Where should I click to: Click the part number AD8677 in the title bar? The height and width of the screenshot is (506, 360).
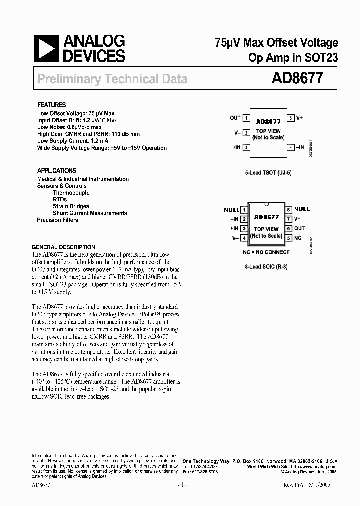click(x=297, y=78)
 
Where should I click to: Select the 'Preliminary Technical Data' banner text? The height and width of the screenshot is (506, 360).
click(x=112, y=79)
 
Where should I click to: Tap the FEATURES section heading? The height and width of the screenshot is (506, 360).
click(x=51, y=105)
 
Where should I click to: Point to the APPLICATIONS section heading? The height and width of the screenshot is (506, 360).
click(x=56, y=170)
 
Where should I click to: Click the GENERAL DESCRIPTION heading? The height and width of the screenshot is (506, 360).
click(x=63, y=247)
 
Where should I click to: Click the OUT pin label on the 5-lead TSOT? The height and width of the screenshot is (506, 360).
click(x=235, y=118)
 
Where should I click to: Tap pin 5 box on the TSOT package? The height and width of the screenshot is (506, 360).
click(x=291, y=118)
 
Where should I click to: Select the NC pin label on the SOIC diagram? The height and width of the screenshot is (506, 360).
click(x=298, y=238)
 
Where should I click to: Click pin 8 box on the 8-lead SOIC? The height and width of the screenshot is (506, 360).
click(x=289, y=210)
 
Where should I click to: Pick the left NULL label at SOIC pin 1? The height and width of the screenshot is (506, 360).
click(x=231, y=210)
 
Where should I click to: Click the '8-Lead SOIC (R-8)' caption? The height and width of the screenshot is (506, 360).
click(x=267, y=267)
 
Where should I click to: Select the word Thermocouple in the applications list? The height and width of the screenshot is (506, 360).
click(x=71, y=193)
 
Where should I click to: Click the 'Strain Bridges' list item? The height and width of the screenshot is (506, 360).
click(x=71, y=206)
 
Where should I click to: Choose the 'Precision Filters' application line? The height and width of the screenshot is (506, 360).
click(x=57, y=220)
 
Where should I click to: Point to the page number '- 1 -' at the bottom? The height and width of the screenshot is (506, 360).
click(x=181, y=485)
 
